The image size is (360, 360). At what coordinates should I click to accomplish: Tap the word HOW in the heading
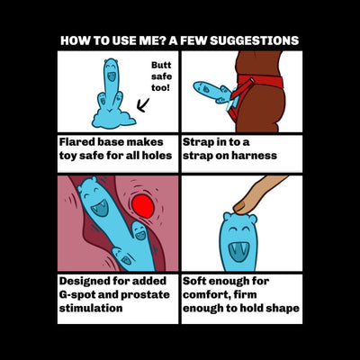tap(74, 41)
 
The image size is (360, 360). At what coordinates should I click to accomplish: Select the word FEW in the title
tap(195, 41)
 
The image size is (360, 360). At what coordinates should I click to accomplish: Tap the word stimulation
tap(90, 309)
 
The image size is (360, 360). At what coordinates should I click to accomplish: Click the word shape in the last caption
tap(281, 309)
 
